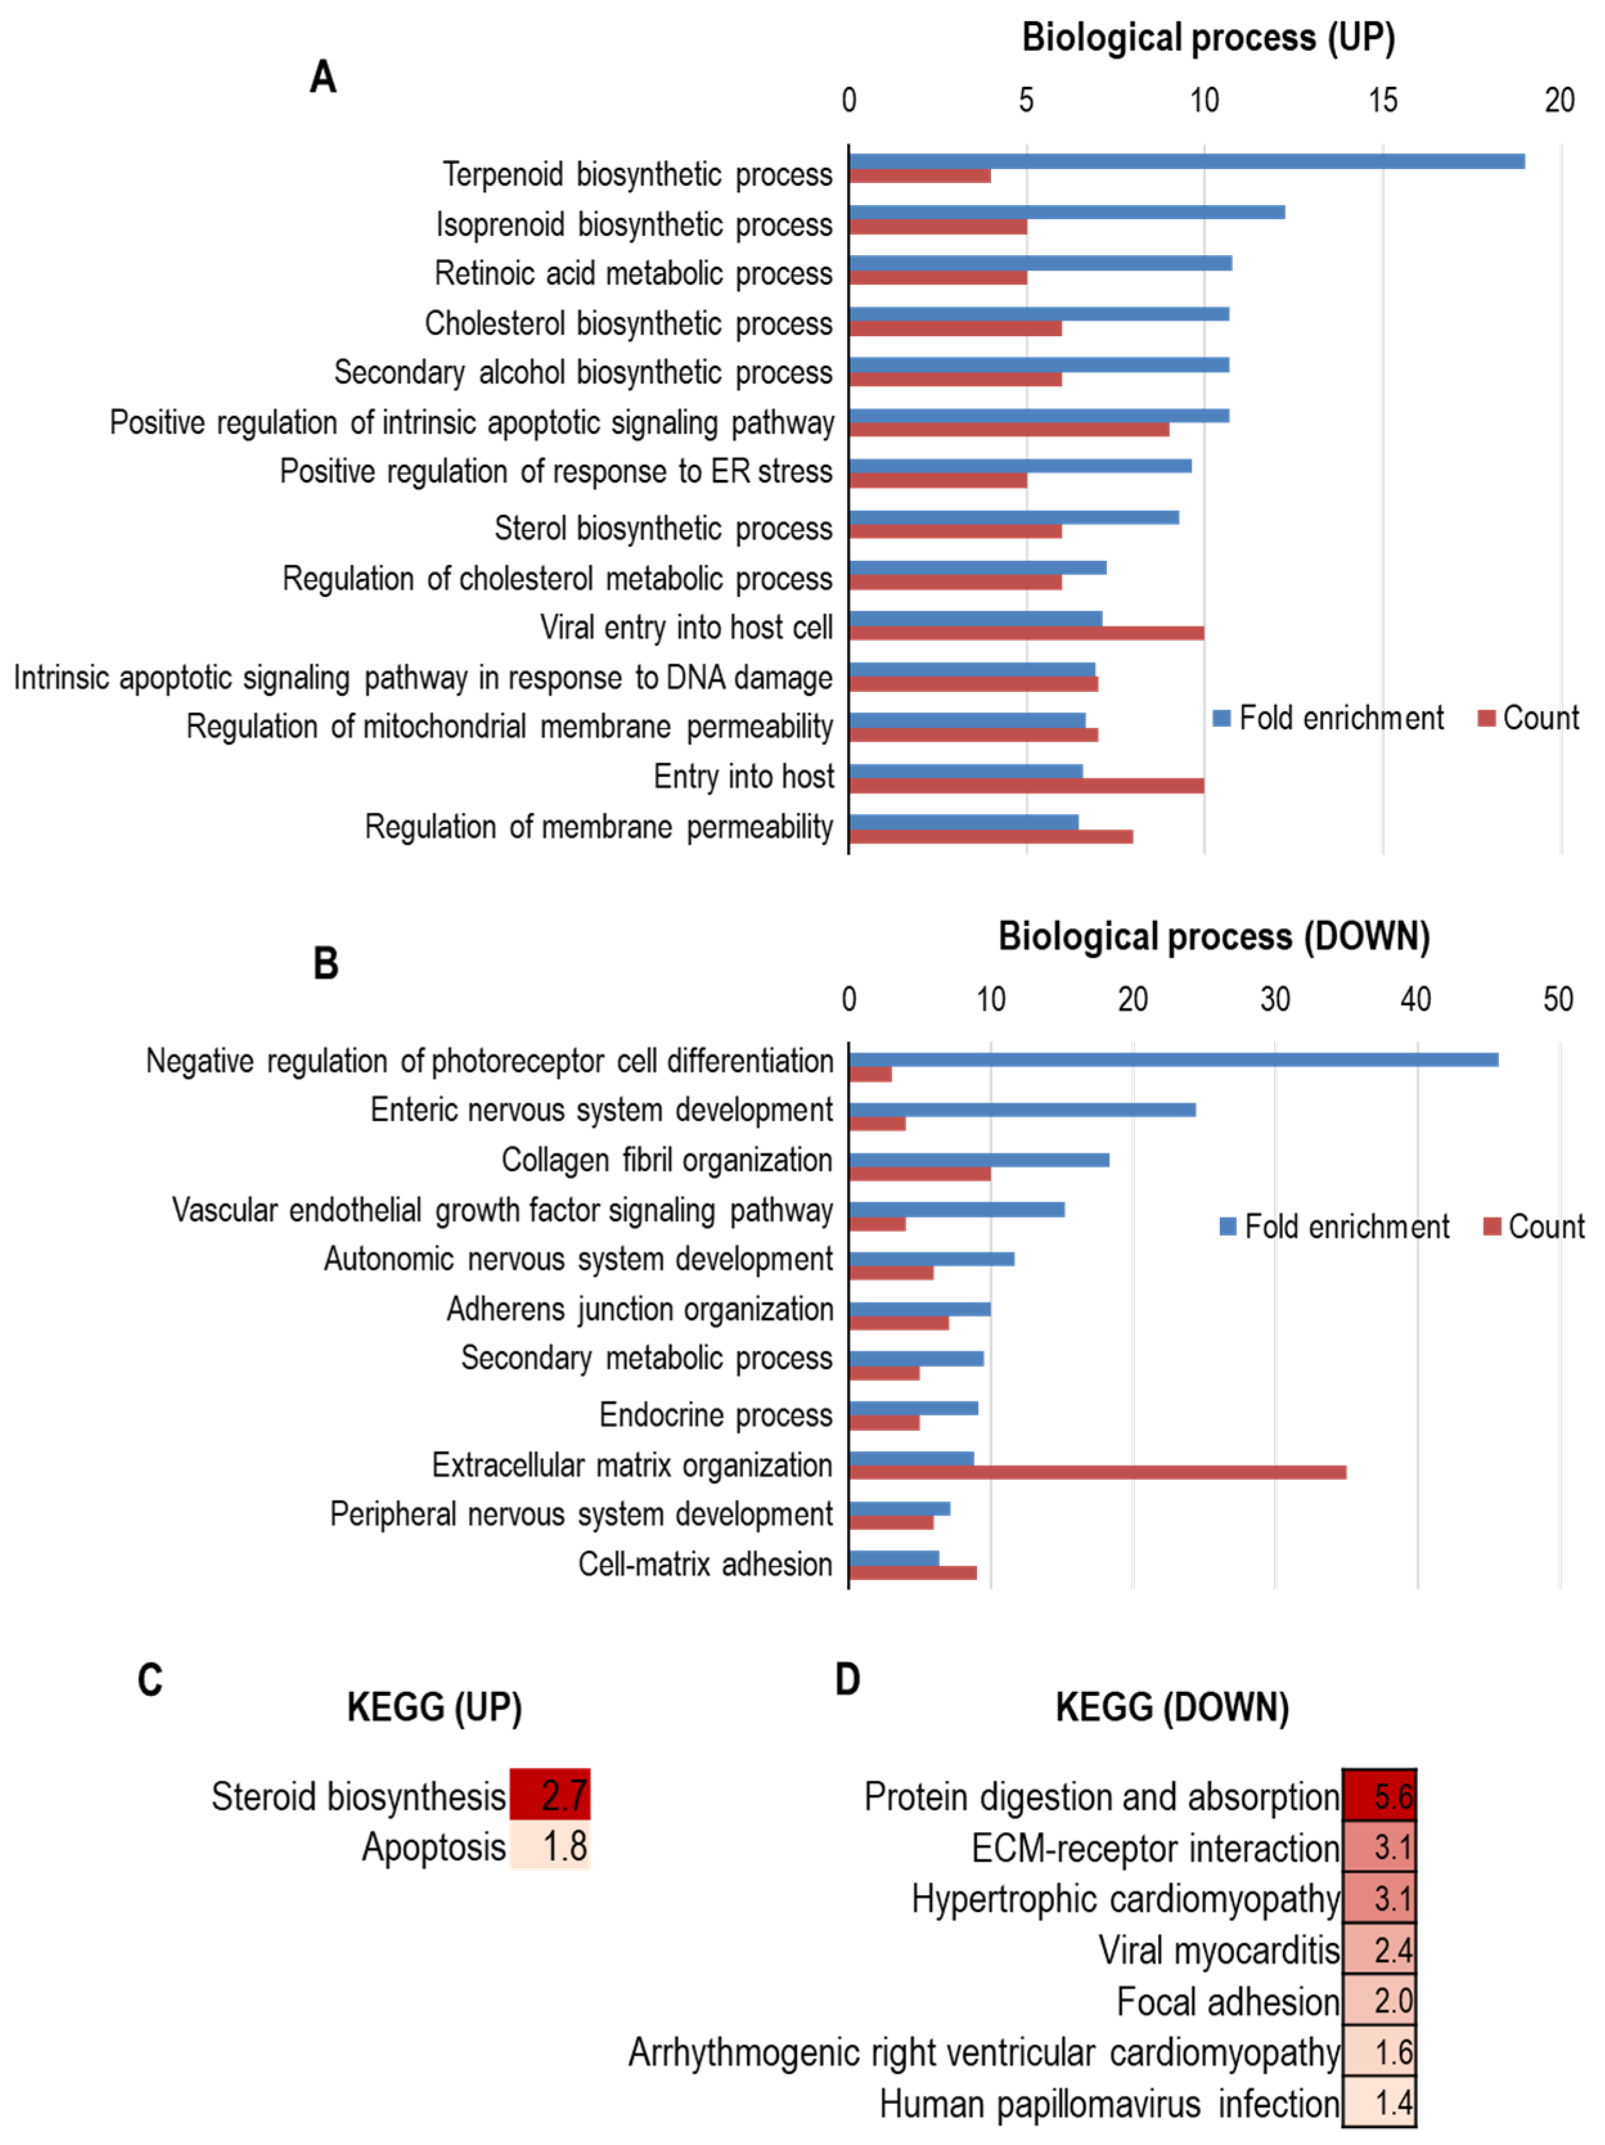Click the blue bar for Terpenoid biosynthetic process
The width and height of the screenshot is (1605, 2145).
click(1185, 161)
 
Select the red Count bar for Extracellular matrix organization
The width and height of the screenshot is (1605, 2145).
click(1097, 1472)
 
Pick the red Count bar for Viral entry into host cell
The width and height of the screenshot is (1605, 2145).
click(1026, 633)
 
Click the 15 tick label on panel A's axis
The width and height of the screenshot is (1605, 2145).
click(1382, 100)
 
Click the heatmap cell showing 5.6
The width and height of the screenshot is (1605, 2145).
click(1378, 1796)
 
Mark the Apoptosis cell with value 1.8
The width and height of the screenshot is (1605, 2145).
click(550, 1846)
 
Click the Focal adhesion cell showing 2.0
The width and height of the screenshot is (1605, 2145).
click(1378, 2000)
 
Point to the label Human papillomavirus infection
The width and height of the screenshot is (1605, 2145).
click(1109, 2103)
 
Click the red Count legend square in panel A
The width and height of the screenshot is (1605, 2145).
click(1485, 718)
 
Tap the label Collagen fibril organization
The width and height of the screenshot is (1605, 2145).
click(667, 1160)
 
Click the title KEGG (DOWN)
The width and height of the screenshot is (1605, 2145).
click(1172, 1707)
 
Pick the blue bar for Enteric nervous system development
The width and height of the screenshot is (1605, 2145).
click(1021, 1109)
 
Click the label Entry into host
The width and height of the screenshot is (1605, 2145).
click(743, 777)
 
